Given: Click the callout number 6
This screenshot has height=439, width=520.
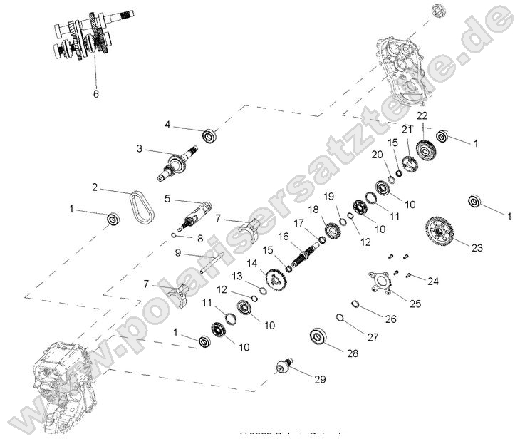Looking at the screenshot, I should [96, 93].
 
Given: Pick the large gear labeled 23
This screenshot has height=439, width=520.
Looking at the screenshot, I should [440, 230].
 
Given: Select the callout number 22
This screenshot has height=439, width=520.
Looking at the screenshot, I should [422, 115].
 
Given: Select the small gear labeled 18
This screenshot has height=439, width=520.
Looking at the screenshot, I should [331, 231].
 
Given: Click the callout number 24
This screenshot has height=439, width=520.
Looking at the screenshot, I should [433, 280].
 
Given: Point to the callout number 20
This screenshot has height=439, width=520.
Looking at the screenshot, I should [376, 155].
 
